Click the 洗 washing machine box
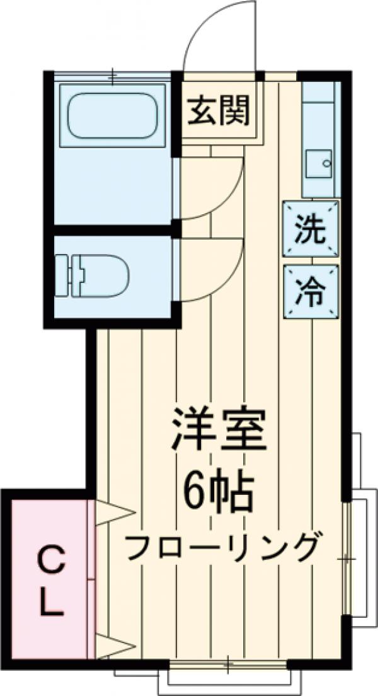pos(311,228)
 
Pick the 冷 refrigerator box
pos(311,291)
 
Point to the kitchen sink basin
pos(319,163)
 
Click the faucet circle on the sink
pos(326,163)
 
